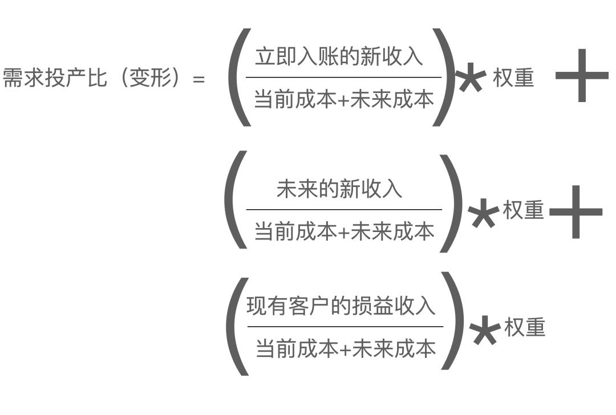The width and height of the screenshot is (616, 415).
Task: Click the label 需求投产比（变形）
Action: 96,78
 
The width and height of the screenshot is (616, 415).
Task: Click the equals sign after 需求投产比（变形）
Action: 198,79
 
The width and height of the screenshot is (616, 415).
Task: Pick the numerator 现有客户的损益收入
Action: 341,306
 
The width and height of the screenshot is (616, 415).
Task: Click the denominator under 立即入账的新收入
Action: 344,99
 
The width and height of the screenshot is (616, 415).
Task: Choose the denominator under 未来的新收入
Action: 344,231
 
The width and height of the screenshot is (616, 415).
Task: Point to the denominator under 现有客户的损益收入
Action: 345,347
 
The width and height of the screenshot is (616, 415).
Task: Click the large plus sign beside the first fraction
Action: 581,76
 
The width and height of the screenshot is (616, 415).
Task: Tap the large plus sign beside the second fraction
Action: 575,212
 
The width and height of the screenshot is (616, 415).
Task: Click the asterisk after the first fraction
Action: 471,79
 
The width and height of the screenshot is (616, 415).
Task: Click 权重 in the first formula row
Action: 513,78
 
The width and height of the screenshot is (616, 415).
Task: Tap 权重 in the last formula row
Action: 524,327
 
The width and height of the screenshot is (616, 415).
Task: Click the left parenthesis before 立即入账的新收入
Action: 238,77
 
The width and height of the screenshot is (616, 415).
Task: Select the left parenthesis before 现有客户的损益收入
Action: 237,326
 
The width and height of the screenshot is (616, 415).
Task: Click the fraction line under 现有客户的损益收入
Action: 345,327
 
